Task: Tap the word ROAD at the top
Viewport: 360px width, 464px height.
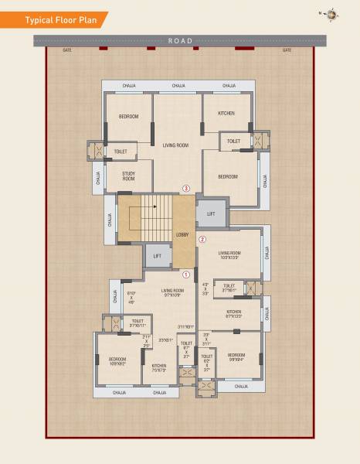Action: point(179,40)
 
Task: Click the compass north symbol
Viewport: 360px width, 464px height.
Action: point(331,14)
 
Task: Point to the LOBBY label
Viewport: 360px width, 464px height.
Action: point(182,234)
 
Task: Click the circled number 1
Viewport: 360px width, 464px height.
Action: point(185,274)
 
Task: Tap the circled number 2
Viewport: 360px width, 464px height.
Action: point(202,239)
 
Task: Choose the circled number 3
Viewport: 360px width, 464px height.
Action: point(185,188)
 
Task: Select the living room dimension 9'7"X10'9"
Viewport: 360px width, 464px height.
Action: point(172,294)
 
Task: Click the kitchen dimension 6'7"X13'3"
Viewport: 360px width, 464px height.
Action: point(233,316)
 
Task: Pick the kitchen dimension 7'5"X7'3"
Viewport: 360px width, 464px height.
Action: point(159,369)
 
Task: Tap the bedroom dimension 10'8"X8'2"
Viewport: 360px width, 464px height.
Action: point(117,363)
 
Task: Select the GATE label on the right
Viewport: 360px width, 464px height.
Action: point(287,50)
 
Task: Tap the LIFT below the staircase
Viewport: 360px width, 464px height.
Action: point(157,256)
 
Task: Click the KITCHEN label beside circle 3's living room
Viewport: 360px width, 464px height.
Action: point(226,114)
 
